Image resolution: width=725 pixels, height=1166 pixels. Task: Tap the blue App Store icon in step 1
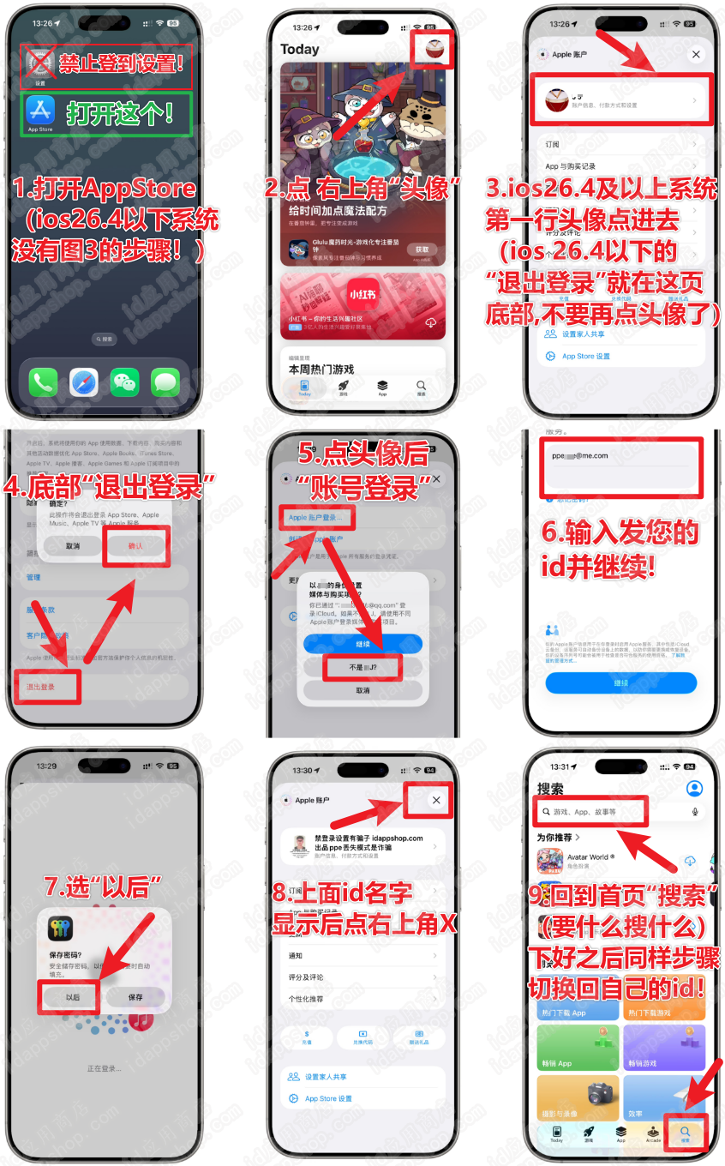(x=40, y=111)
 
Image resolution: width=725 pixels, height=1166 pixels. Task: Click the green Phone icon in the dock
(x=43, y=382)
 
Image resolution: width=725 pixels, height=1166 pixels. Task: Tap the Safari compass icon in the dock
(x=84, y=382)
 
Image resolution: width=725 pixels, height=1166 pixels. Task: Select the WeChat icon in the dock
(x=124, y=382)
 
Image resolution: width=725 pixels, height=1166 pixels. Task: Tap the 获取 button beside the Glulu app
(x=422, y=249)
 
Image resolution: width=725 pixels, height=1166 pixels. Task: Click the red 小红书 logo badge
(x=362, y=294)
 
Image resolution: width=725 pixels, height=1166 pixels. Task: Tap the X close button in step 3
(x=696, y=54)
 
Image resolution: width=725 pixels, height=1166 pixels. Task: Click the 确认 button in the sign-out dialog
(x=135, y=545)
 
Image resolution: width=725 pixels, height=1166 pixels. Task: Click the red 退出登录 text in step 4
(x=41, y=687)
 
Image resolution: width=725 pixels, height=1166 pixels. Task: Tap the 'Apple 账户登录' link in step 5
(x=315, y=518)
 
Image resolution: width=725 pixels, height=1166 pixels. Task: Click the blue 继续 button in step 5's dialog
(x=362, y=643)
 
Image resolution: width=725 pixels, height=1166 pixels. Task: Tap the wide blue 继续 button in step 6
(x=620, y=682)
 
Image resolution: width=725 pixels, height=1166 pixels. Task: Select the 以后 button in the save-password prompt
(x=73, y=997)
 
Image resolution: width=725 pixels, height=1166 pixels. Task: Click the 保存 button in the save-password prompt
(x=135, y=997)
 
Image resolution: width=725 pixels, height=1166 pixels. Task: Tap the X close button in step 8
(x=436, y=800)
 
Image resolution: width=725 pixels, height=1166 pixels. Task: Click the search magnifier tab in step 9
(x=685, y=1133)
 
